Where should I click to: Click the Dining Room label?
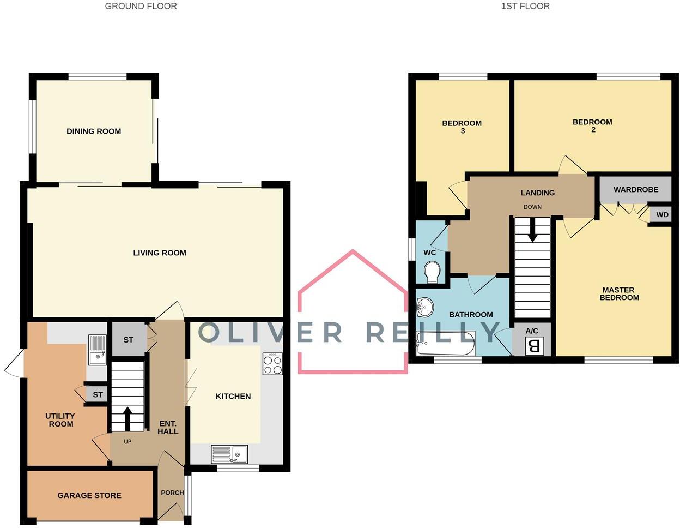94,131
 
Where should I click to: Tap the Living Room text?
160,253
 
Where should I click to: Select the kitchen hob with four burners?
273,364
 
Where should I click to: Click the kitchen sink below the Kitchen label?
229,454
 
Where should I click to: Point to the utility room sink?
97,350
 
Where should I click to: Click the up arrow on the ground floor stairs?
127,418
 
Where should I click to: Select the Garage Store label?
89,496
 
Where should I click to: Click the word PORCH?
172,493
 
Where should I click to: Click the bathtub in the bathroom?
446,343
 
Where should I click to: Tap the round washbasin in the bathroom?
424,308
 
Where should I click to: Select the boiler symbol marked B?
534,346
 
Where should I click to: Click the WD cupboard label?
662,215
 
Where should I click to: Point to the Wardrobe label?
635,190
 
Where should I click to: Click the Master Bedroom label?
619,294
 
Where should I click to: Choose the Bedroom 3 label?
462,127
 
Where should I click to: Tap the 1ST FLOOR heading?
525,7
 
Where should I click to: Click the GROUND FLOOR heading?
141,7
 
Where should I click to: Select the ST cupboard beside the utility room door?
98,395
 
